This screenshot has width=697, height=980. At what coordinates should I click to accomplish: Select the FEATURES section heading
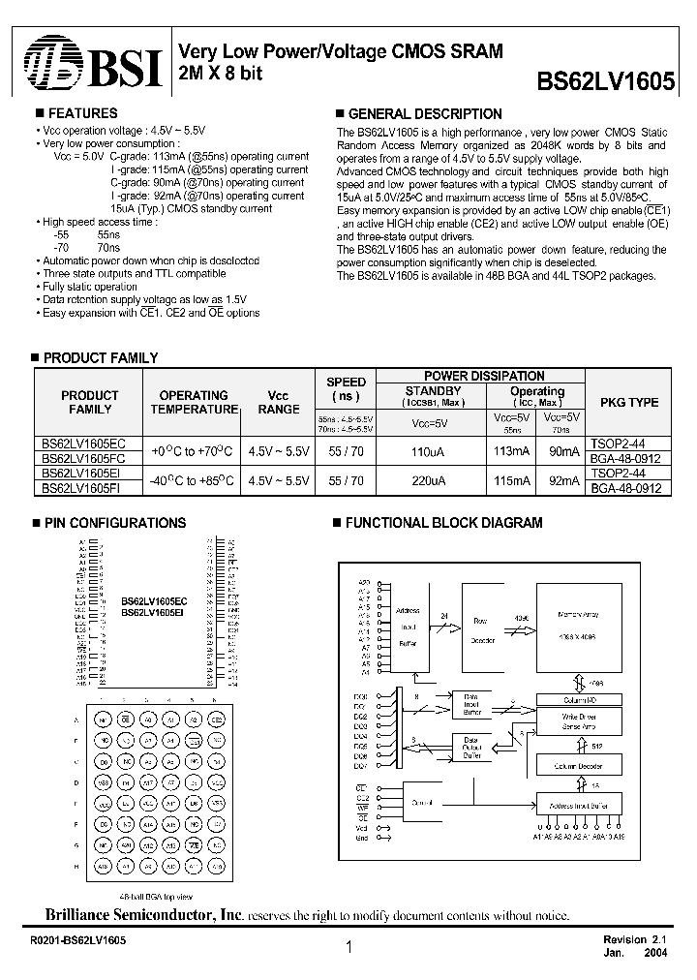coord(82,113)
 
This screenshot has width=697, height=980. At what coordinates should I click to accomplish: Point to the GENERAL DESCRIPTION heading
coord(424,114)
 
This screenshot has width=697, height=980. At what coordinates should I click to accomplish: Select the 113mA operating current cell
coord(511,452)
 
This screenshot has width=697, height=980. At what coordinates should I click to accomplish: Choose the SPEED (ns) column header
coord(346,389)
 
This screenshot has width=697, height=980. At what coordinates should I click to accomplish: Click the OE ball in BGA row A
coord(125,720)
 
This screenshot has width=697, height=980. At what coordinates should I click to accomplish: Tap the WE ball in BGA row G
coord(195,845)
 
